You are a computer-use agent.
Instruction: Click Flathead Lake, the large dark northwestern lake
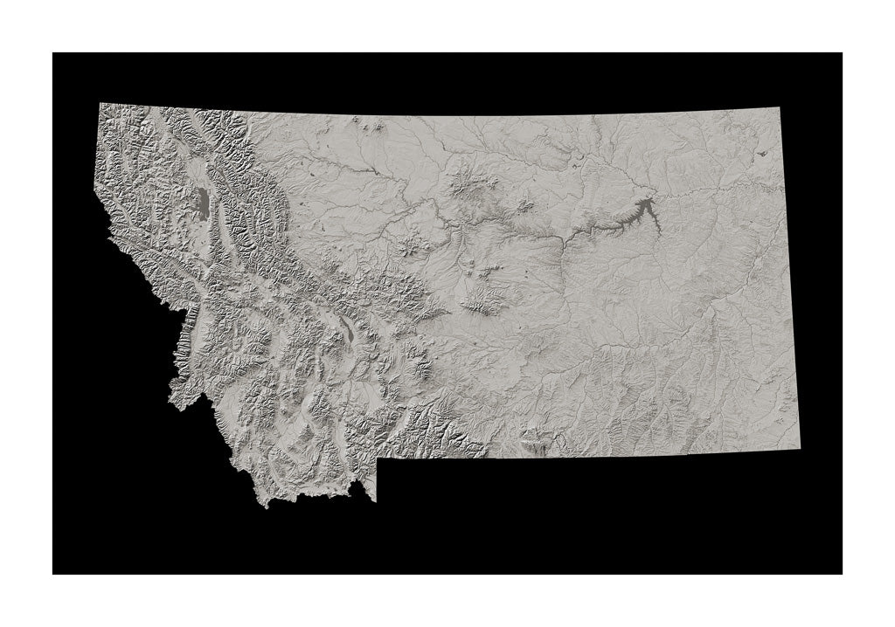click(202, 203)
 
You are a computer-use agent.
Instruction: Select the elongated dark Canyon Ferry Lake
click(349, 329)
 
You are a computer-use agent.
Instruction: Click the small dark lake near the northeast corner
click(760, 153)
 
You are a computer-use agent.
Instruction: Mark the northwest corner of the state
click(100, 103)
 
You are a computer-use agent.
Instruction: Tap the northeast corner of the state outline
click(774, 111)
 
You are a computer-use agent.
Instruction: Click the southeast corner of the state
click(799, 450)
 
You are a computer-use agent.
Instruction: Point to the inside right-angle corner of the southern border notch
click(377, 458)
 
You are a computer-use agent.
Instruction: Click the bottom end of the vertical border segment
click(377, 500)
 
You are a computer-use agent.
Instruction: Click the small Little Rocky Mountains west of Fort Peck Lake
click(524, 207)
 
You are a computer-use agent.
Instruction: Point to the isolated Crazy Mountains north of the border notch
click(420, 367)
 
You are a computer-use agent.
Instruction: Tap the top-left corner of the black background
click(53, 53)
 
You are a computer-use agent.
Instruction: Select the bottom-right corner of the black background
click(842, 573)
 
